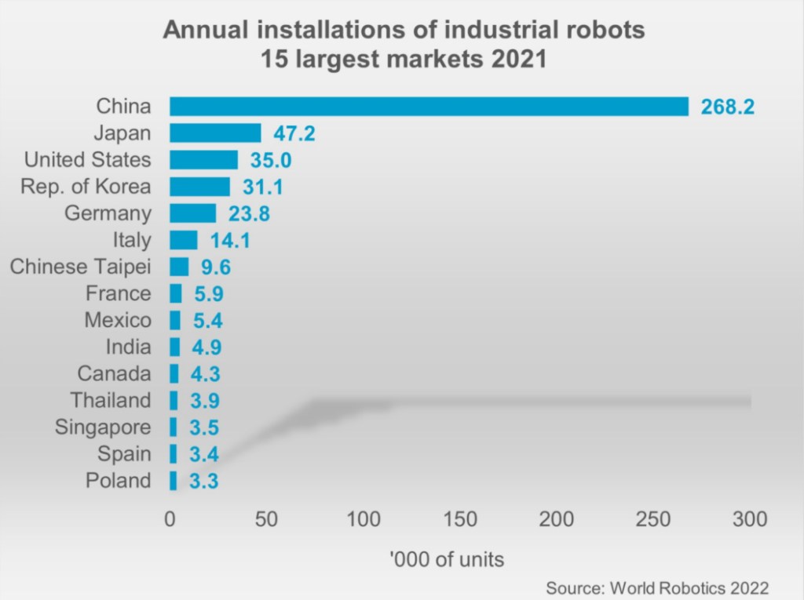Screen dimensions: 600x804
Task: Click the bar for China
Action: (x=429, y=106)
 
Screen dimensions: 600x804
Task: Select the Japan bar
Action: (x=215, y=133)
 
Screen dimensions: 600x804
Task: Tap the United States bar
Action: (x=203, y=160)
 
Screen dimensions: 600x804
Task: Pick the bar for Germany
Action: (x=192, y=213)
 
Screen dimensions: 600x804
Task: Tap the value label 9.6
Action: (x=215, y=267)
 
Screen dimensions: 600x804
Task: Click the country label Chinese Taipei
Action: (x=80, y=267)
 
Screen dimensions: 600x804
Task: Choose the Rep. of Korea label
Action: (x=86, y=187)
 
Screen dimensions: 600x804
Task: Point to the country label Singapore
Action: (x=103, y=427)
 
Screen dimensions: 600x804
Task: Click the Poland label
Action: (x=118, y=480)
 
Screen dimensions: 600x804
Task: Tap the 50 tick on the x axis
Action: (x=266, y=519)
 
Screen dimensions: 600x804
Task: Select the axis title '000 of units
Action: (x=446, y=560)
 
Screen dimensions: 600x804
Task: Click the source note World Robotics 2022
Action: (x=656, y=587)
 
